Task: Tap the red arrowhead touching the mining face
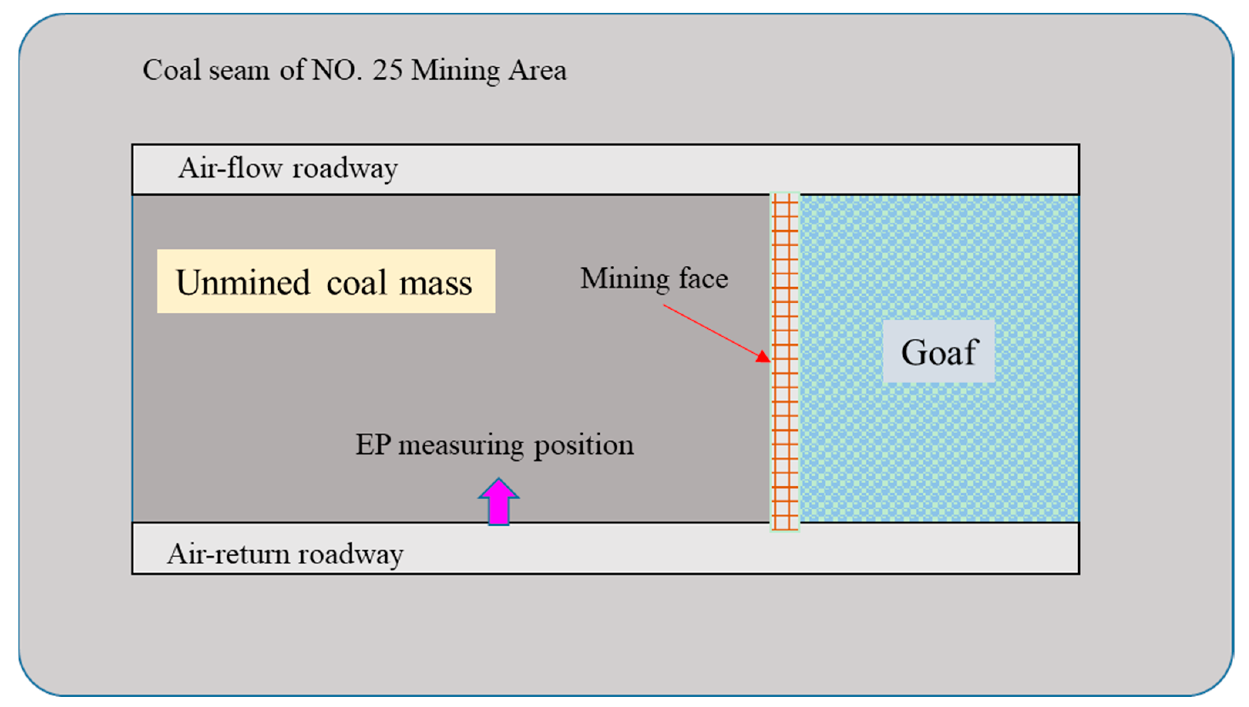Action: click(x=764, y=357)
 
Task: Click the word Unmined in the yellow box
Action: click(x=243, y=283)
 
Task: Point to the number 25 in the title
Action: click(x=387, y=70)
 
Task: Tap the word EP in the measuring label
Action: click(x=373, y=444)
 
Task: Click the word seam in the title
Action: click(x=239, y=71)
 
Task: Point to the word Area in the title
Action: click(x=537, y=71)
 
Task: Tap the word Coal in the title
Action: click(x=171, y=70)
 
